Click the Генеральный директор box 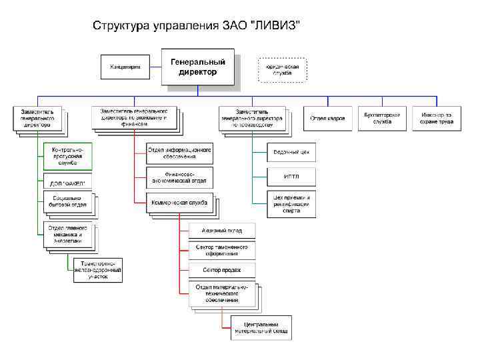click(197, 67)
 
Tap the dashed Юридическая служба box click(282, 69)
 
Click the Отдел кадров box click(327, 118)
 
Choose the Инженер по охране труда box click(437, 118)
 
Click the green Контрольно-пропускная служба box click(68, 157)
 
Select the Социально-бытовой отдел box click(68, 203)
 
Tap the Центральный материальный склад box click(261, 327)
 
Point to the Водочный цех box click(291, 153)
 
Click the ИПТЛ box click(291, 177)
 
